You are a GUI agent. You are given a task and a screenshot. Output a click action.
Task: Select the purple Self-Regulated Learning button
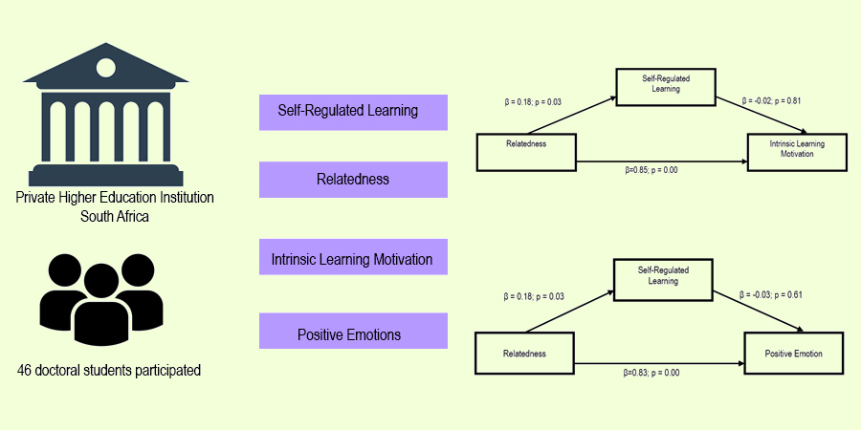(x=353, y=111)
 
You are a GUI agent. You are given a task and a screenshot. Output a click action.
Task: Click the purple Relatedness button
(x=353, y=180)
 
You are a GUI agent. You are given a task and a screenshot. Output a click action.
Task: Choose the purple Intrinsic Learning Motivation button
(x=353, y=259)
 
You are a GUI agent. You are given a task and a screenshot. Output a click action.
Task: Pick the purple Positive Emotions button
(x=353, y=335)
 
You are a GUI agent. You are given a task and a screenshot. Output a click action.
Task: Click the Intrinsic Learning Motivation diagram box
(x=796, y=148)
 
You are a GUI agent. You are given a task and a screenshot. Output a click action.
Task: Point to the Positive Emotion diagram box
(x=792, y=354)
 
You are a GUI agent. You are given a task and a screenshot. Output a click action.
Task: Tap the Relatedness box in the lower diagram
(x=523, y=354)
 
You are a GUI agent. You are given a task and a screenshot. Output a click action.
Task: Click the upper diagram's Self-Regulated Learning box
(x=667, y=85)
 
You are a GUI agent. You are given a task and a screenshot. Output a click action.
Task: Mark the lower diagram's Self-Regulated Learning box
(x=665, y=276)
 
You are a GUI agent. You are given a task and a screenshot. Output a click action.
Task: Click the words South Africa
(x=115, y=216)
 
